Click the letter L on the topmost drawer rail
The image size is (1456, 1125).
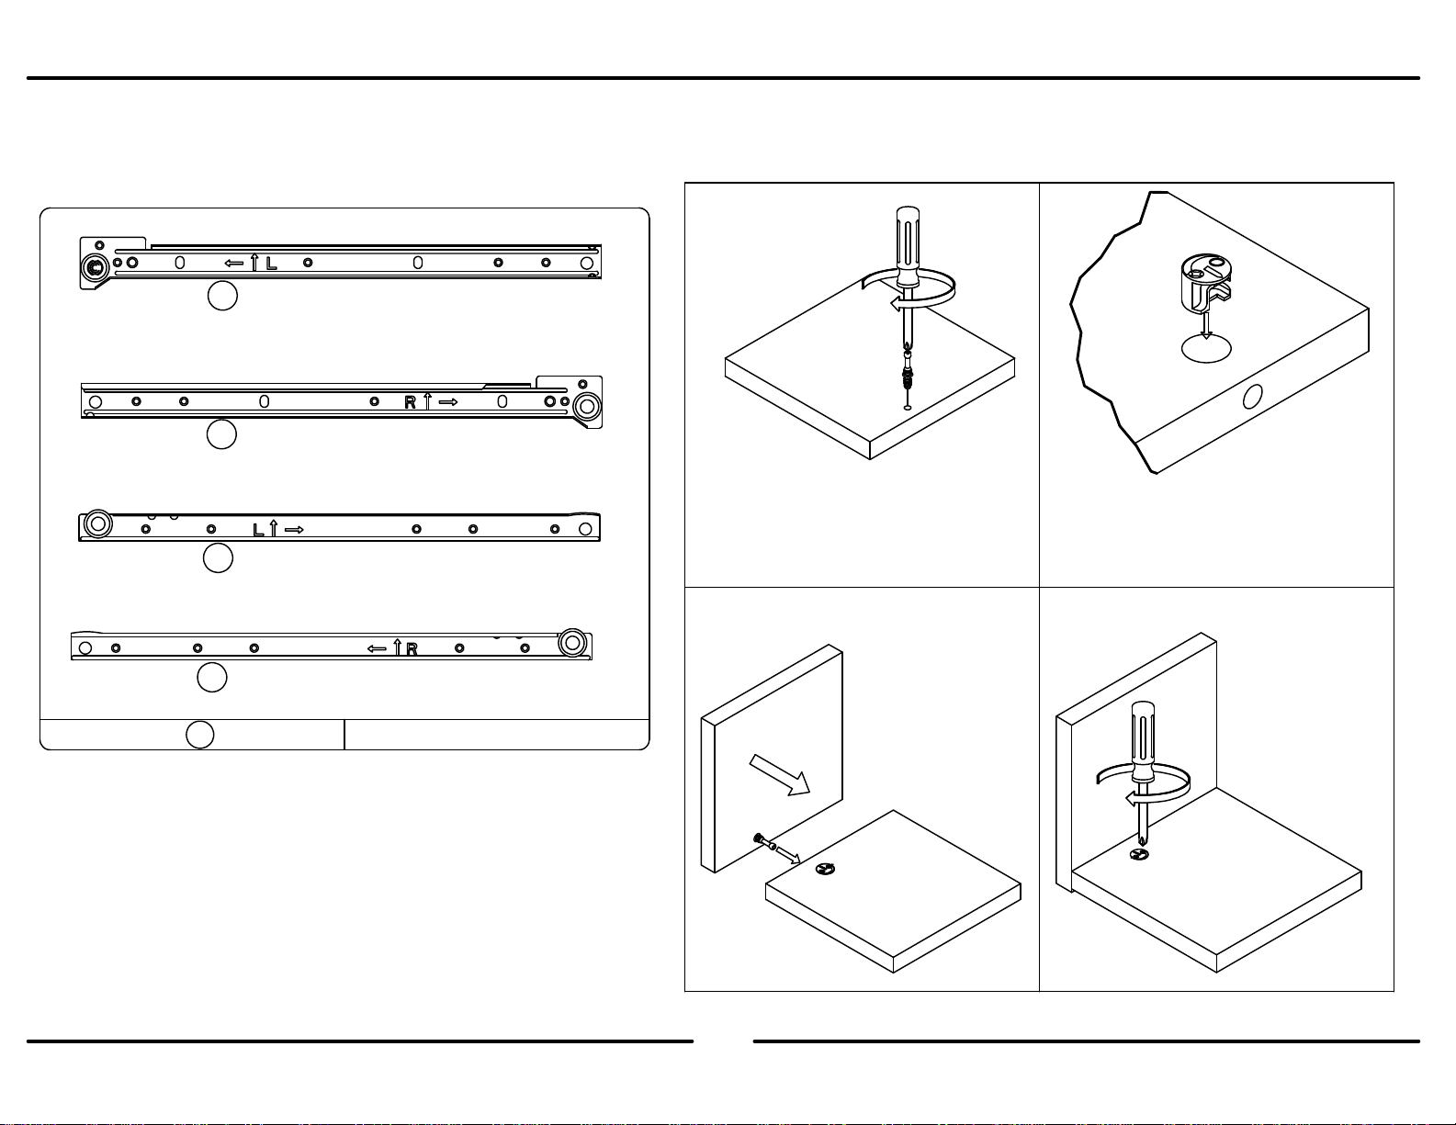(271, 264)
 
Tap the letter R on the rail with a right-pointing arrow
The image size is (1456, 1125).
(410, 402)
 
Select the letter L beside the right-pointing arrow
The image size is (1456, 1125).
(259, 530)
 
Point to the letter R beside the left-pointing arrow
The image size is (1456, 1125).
(412, 649)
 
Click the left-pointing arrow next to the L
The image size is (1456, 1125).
(234, 264)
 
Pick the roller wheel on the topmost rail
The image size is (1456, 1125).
(96, 268)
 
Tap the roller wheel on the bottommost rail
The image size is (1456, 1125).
(572, 643)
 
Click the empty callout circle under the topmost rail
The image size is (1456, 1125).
(222, 296)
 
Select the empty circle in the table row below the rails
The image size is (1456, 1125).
(199, 735)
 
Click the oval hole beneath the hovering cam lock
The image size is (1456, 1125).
(1206, 348)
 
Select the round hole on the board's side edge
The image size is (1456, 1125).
(1252, 397)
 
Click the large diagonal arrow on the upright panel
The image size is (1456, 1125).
(780, 775)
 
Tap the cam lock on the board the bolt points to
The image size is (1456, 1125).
(826, 869)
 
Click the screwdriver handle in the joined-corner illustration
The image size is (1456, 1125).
(1143, 741)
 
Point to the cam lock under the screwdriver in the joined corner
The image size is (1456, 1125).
(1139, 854)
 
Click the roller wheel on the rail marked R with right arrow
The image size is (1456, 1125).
(587, 406)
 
